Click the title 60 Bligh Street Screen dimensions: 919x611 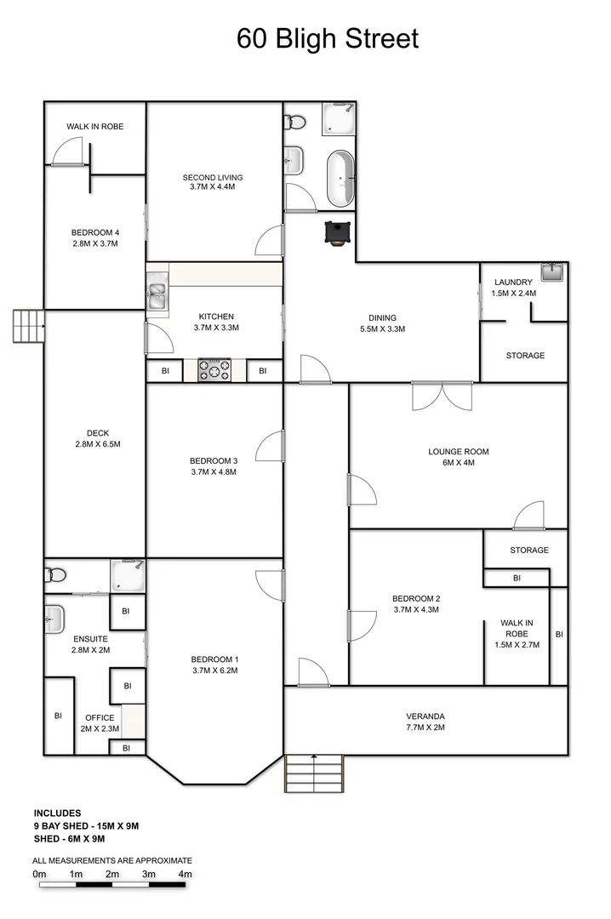coord(328,38)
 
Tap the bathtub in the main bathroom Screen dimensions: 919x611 coord(340,179)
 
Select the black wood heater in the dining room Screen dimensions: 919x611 coord(335,232)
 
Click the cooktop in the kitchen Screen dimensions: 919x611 coord(214,370)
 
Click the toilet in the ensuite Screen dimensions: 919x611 coord(54,574)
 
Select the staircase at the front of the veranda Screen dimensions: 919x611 coord(313,774)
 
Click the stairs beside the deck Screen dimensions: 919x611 coord(27,325)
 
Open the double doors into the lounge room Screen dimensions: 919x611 coord(442,396)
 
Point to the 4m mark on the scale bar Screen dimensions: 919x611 coord(185,875)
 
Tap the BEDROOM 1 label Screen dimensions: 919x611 coord(214,659)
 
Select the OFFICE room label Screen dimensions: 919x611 coord(100,717)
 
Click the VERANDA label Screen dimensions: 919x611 coord(425,716)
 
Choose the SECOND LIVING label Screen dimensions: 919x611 coord(213,177)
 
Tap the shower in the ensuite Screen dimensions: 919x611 coord(128,574)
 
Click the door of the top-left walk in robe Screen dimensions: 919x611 coord(66,153)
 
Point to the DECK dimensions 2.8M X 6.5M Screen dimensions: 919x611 coord(98,444)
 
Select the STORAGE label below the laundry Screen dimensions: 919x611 coord(525,355)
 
